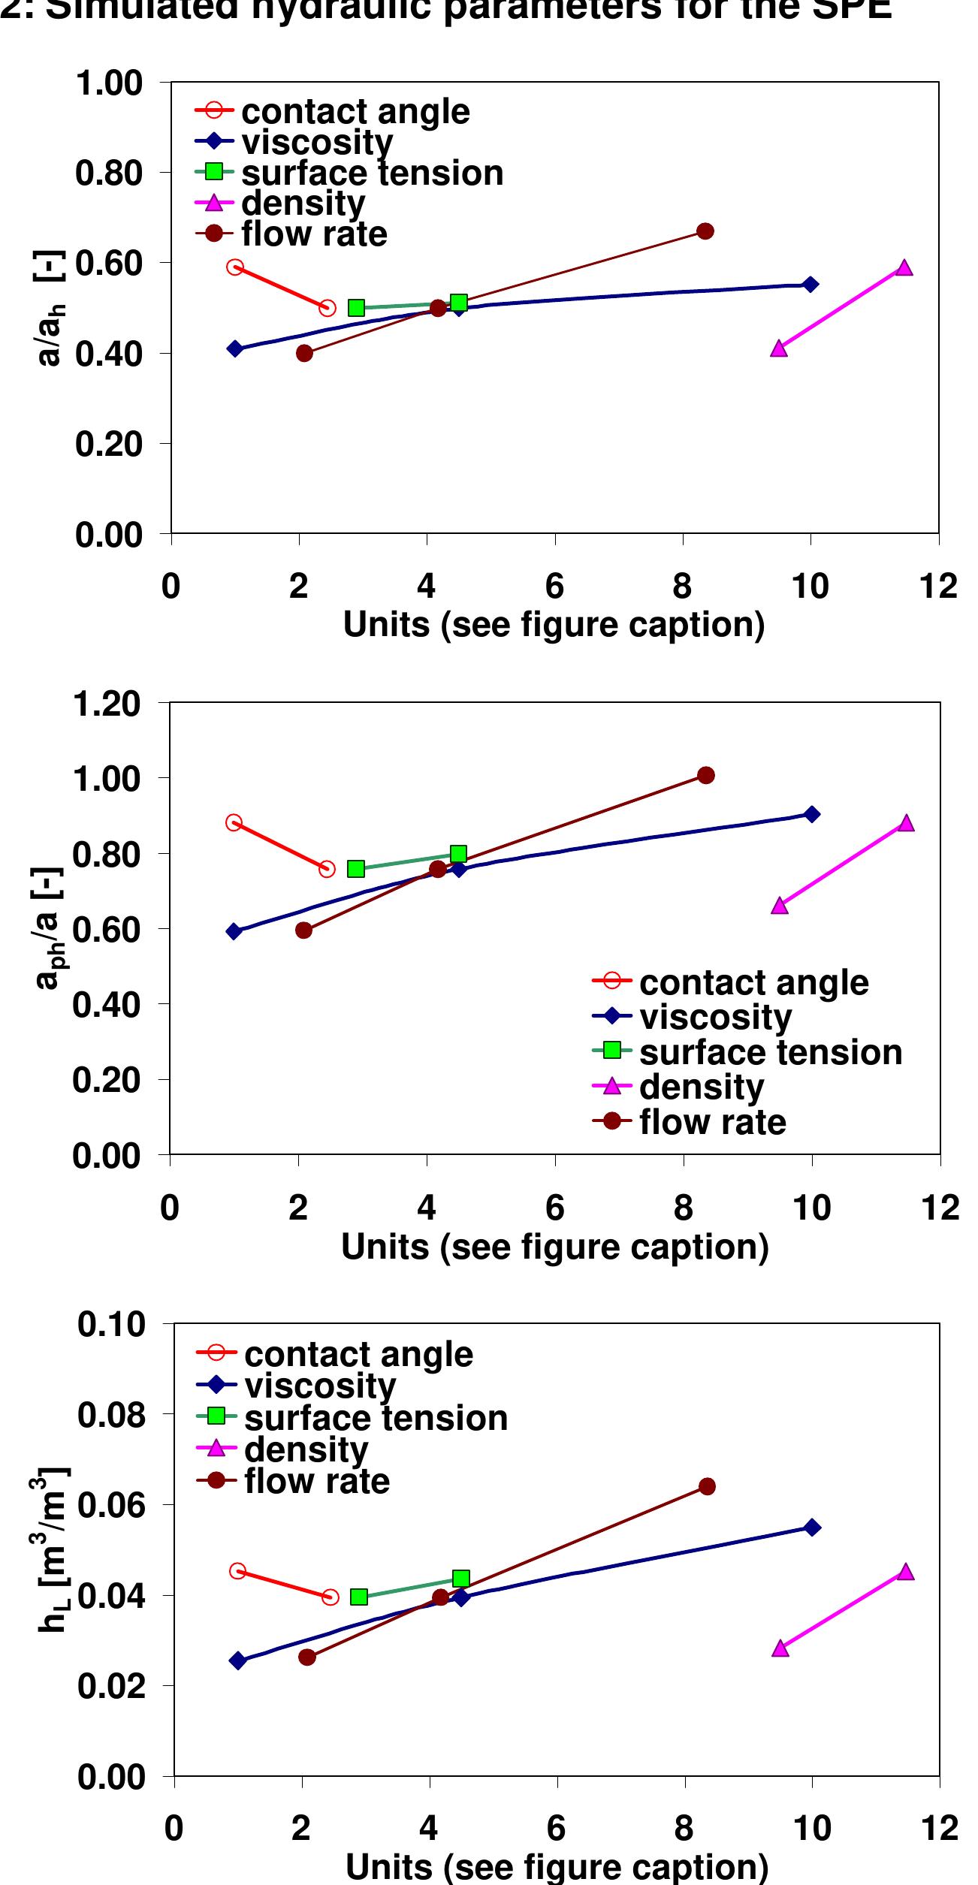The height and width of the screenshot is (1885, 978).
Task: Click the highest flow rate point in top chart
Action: coord(705,231)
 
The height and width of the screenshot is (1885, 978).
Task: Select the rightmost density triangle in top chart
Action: coord(904,268)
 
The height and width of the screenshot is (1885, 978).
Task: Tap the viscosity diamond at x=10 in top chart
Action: coord(810,284)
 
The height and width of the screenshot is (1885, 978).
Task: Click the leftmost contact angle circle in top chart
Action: coord(235,267)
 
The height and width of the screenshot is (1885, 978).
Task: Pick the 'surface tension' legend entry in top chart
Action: coord(372,173)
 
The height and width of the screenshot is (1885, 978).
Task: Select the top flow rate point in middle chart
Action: coord(706,775)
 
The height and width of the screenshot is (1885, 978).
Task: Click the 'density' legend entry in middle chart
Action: coord(702,1087)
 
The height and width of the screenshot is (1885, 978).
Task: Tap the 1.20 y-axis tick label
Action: coord(107,704)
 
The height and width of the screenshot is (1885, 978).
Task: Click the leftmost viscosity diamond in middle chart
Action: coord(234,931)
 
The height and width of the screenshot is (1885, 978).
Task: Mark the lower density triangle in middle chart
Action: coord(780,906)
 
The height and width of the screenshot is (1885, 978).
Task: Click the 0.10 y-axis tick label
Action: coord(111,1324)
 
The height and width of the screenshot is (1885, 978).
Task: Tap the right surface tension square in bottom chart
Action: coord(461,1578)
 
